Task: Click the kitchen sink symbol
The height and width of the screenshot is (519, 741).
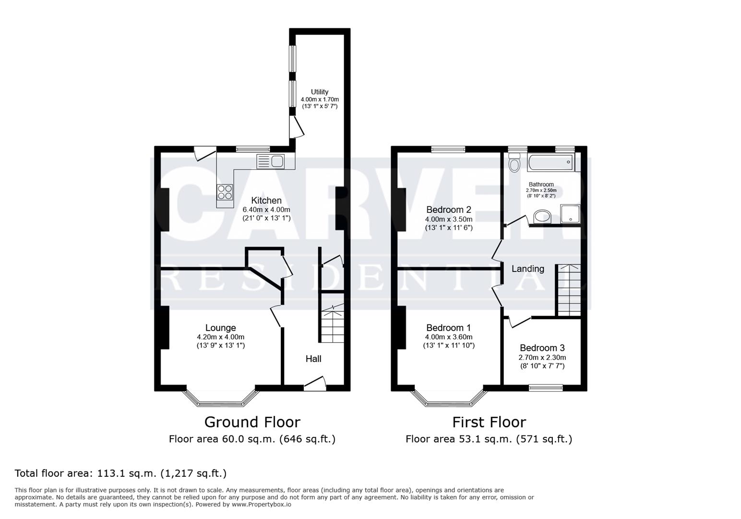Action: (271, 161)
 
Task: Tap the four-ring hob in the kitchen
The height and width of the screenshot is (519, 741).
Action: (225, 192)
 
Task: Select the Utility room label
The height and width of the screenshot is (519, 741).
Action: (320, 92)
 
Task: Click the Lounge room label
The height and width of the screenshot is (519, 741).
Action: (220, 328)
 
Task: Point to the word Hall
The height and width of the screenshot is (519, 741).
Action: (313, 358)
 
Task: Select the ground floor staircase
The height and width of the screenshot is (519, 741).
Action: (332, 325)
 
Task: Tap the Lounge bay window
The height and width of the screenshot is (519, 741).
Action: (221, 397)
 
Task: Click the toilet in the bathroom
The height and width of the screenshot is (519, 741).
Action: (514, 163)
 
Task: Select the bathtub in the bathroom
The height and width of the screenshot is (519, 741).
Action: (550, 162)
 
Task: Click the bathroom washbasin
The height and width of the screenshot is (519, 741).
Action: (542, 217)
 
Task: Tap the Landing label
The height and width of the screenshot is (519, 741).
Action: (527, 269)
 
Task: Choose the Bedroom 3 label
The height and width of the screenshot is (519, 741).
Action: (542, 348)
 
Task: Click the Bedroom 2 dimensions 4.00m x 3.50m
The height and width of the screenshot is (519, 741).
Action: (448, 219)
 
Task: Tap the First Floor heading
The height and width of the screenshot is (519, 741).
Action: (489, 422)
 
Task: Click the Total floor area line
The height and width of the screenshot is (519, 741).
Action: (120, 473)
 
